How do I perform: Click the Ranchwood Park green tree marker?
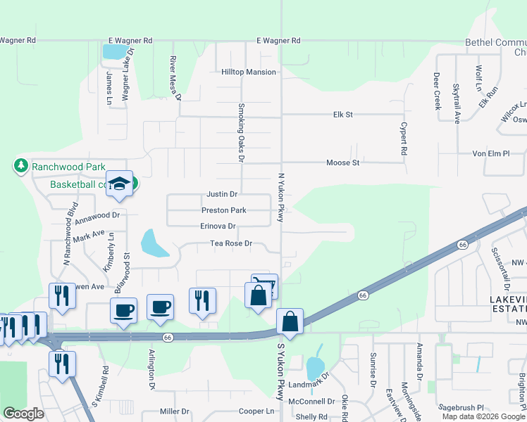pyautogui.click(x=21, y=166)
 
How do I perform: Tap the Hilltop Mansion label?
pyautogui.click(x=249, y=72)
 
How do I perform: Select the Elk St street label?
pyautogui.click(x=342, y=114)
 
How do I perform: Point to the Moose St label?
pyautogui.click(x=343, y=162)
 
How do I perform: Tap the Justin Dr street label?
pyautogui.click(x=222, y=194)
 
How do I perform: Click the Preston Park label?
pyautogui.click(x=223, y=210)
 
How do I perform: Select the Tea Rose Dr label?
pyautogui.click(x=231, y=243)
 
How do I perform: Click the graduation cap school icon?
pyautogui.click(x=119, y=184)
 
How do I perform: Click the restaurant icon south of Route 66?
pyautogui.click(x=62, y=364)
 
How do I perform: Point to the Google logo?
pyautogui.click(x=23, y=414)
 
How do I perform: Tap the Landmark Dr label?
pyautogui.click(x=309, y=383)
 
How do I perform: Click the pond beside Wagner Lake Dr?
pyautogui.click(x=113, y=51)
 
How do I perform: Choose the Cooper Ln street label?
pyautogui.click(x=256, y=411)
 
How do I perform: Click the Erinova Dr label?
pyautogui.click(x=218, y=226)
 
